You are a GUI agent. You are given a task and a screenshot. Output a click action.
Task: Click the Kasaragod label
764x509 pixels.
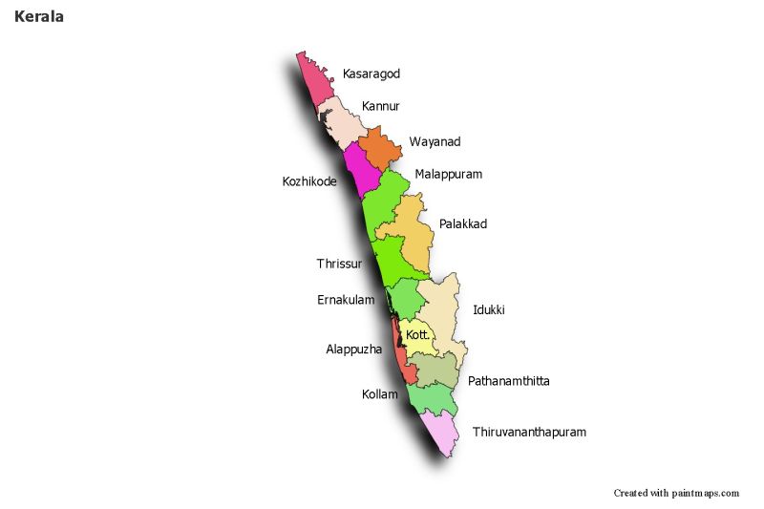click(x=371, y=74)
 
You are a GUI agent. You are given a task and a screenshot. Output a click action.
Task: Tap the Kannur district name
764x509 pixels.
click(x=380, y=106)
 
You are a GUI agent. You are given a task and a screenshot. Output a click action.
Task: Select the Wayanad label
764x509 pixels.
click(x=435, y=142)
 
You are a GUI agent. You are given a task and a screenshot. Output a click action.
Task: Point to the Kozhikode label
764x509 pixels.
click(x=309, y=180)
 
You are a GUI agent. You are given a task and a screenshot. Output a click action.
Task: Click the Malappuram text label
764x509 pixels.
click(x=448, y=175)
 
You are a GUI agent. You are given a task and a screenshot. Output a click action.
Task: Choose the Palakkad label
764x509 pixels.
click(x=462, y=224)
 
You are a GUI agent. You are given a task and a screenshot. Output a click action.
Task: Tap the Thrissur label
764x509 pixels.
click(x=339, y=264)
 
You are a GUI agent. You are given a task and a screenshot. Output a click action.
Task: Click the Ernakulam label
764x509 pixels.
click(x=346, y=300)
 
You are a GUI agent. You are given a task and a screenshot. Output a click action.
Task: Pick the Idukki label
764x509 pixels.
click(x=488, y=310)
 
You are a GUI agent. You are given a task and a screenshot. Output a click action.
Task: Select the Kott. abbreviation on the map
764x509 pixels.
click(x=417, y=335)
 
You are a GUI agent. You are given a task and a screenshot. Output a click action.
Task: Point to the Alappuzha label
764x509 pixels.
click(x=353, y=350)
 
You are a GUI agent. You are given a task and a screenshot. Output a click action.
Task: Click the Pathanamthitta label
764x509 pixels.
click(x=508, y=381)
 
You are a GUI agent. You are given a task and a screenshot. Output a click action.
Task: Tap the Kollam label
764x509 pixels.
click(x=379, y=394)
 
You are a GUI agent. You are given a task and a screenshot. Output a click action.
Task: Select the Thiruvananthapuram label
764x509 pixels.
click(x=529, y=432)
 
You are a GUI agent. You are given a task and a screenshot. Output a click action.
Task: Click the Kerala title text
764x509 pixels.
click(x=39, y=17)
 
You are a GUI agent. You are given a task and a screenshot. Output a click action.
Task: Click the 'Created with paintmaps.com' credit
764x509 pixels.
click(x=676, y=493)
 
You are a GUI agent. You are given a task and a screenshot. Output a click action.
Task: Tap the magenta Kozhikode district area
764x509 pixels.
click(x=360, y=169)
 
